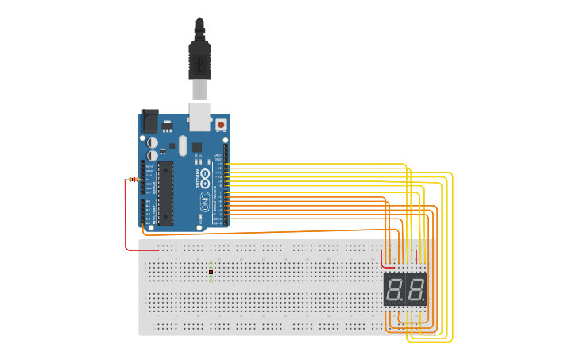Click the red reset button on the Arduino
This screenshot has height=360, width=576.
220,124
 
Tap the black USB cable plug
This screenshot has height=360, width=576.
199,60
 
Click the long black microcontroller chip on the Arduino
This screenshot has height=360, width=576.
164,192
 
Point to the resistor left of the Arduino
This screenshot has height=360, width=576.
133,180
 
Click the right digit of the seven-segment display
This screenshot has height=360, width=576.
416,290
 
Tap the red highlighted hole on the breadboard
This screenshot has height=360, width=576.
211,273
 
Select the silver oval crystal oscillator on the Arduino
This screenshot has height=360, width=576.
182,145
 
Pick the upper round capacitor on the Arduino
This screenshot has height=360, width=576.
153,143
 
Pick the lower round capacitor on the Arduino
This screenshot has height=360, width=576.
153,156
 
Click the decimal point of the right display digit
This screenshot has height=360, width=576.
424,301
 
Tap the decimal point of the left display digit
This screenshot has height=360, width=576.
404,301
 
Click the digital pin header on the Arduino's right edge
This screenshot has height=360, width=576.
226,187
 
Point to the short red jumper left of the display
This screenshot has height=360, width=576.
382,259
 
